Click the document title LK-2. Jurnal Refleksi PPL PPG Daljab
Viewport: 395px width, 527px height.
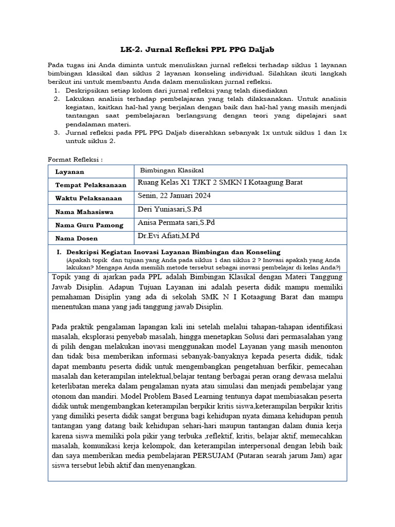point(197,49)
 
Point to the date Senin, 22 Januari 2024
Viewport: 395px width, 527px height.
point(174,196)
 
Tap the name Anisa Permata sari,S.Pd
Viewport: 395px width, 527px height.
point(176,222)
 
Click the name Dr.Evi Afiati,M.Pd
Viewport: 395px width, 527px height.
point(168,236)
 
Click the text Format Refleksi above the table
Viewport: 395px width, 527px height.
point(75,159)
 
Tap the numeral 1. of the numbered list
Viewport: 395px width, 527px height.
point(57,90)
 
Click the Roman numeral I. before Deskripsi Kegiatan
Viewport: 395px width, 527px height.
point(59,252)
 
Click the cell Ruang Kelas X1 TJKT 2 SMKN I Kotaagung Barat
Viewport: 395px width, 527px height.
point(220,183)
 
